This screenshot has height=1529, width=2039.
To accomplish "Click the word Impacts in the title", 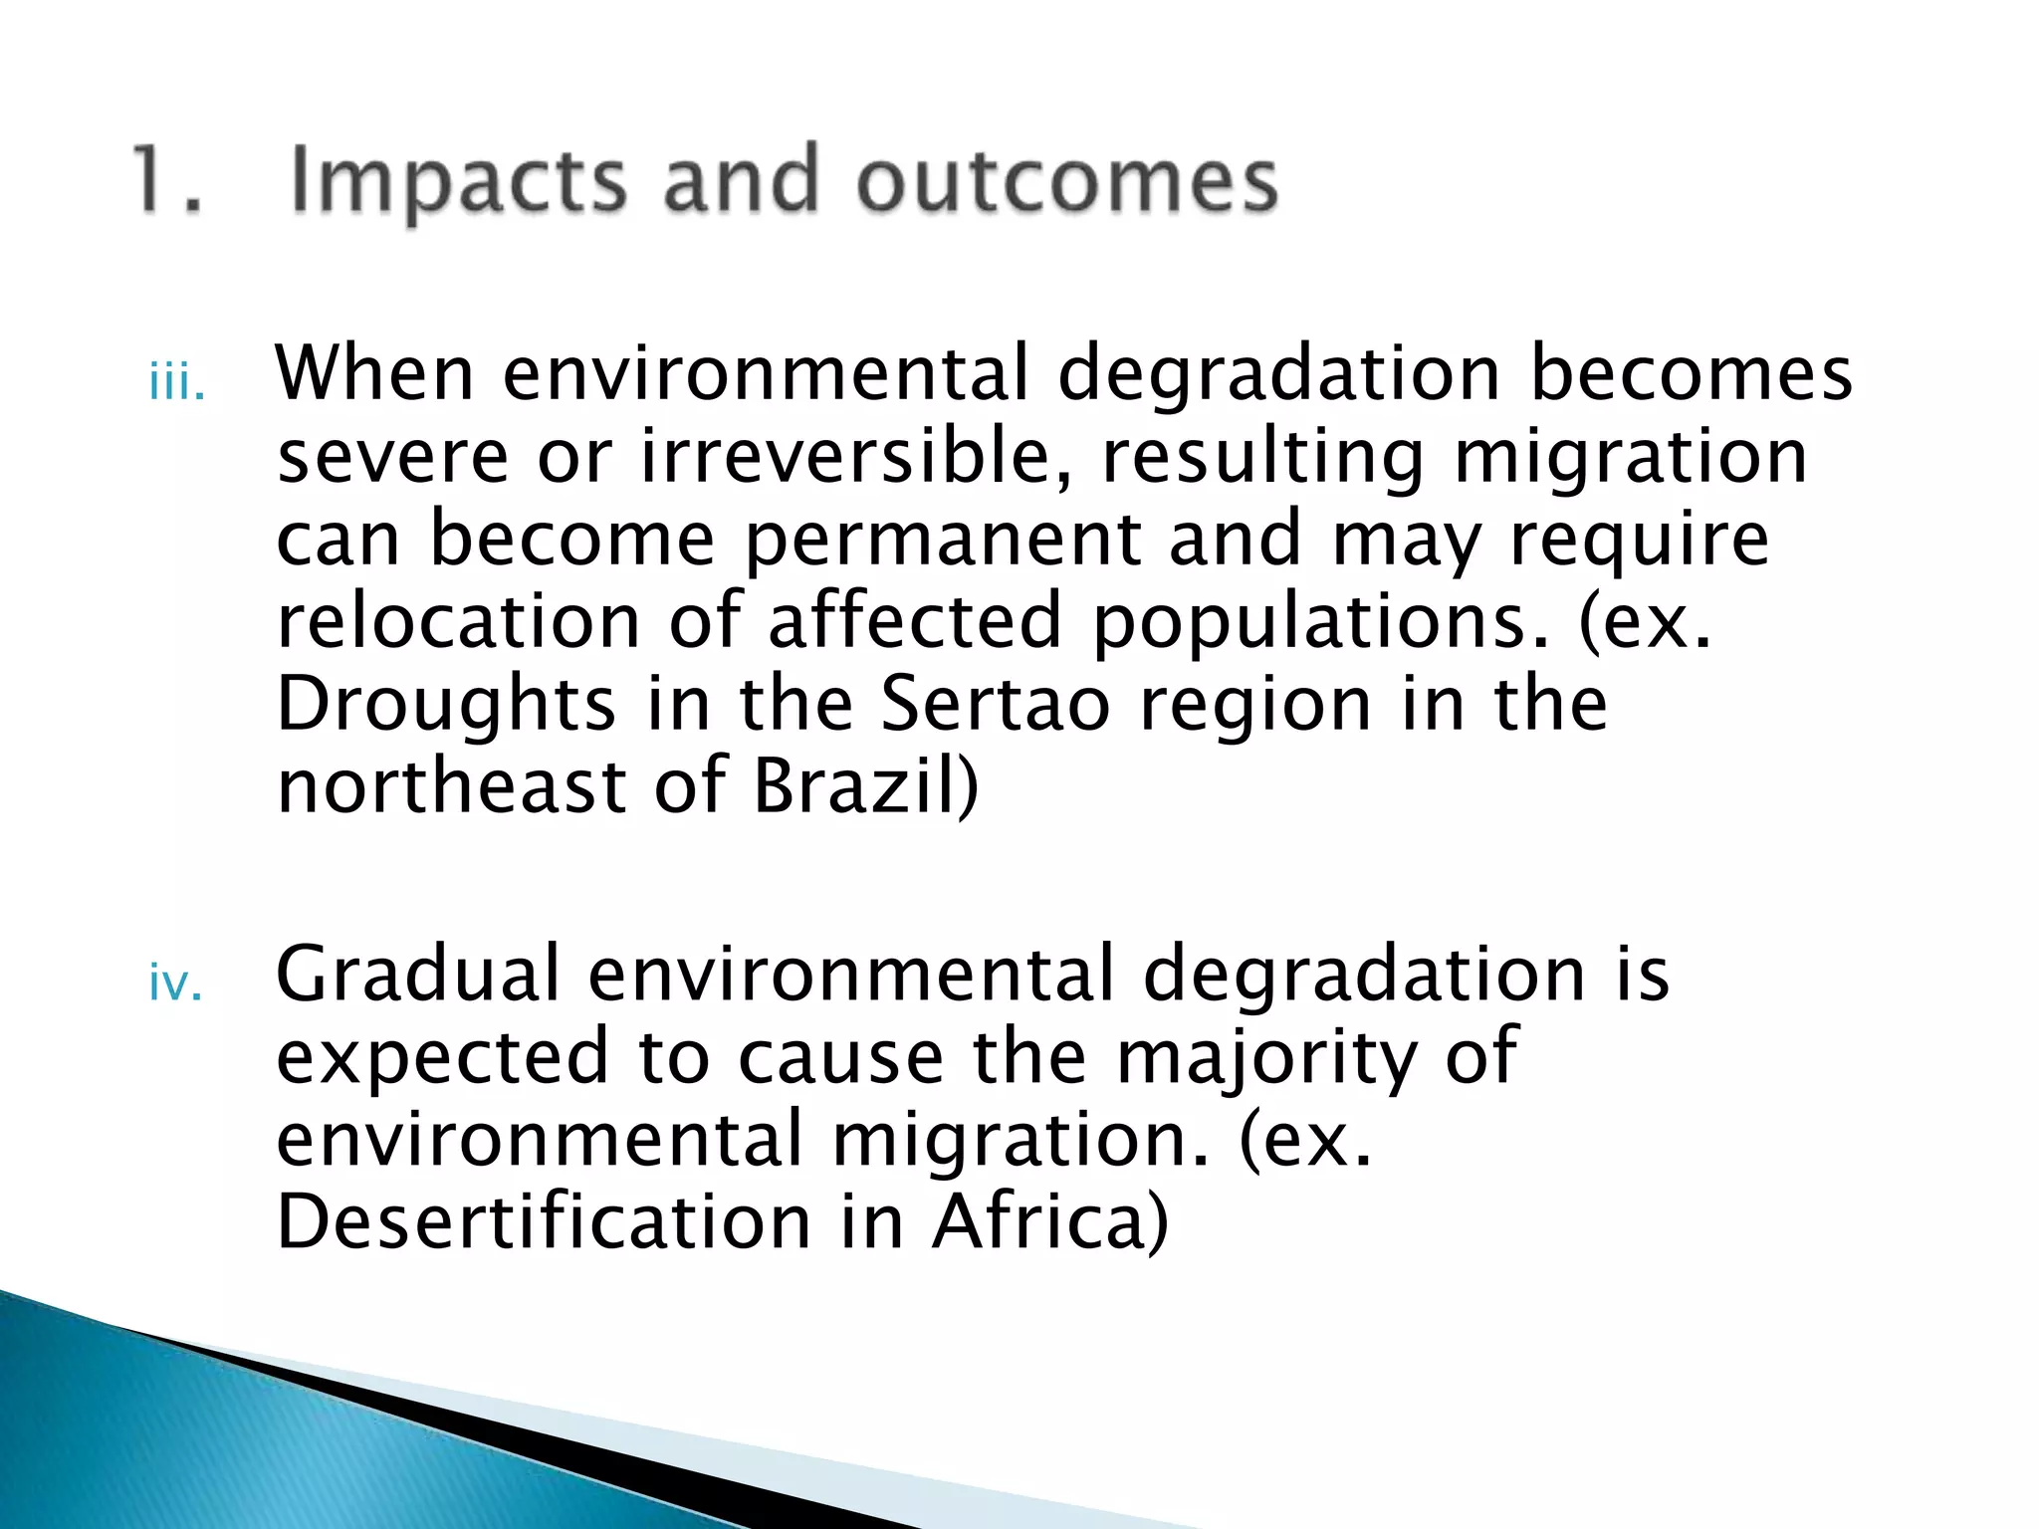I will pyautogui.click(x=458, y=181).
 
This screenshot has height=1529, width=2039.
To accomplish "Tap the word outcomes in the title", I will pyautogui.click(x=1066, y=181).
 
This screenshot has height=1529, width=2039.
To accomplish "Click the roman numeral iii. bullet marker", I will pyautogui.click(x=177, y=384).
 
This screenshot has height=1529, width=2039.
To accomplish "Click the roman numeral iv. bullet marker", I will pyautogui.click(x=175, y=984).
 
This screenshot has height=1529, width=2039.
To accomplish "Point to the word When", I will pyautogui.click(x=374, y=373).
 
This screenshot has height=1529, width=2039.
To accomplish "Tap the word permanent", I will pyautogui.click(x=943, y=539).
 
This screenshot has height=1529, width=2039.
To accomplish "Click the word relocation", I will pyautogui.click(x=458, y=621).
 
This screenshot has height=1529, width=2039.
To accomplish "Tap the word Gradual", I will pyautogui.click(x=417, y=975).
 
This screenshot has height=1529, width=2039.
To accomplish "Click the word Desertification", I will pyautogui.click(x=543, y=1222).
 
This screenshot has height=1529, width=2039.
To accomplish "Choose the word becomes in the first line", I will pyautogui.click(x=1690, y=373).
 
